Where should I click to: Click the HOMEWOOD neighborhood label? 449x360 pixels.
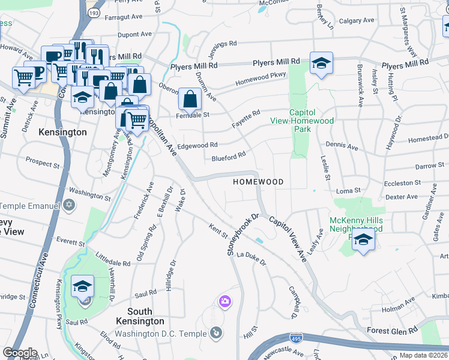(x=258, y=181)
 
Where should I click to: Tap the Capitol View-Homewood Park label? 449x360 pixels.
(x=311, y=121)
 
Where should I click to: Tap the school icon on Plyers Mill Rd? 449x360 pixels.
(x=321, y=64)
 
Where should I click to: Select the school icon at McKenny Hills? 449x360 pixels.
(x=363, y=240)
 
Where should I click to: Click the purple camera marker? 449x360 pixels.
(x=225, y=301)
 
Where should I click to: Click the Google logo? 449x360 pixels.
(x=20, y=352)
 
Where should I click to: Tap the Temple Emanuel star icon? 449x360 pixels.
(x=69, y=205)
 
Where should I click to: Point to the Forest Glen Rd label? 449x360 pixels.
(x=391, y=331)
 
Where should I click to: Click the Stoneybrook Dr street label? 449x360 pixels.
(x=242, y=235)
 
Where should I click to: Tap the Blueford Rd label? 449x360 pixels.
(x=229, y=157)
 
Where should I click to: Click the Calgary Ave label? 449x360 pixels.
(x=357, y=21)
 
